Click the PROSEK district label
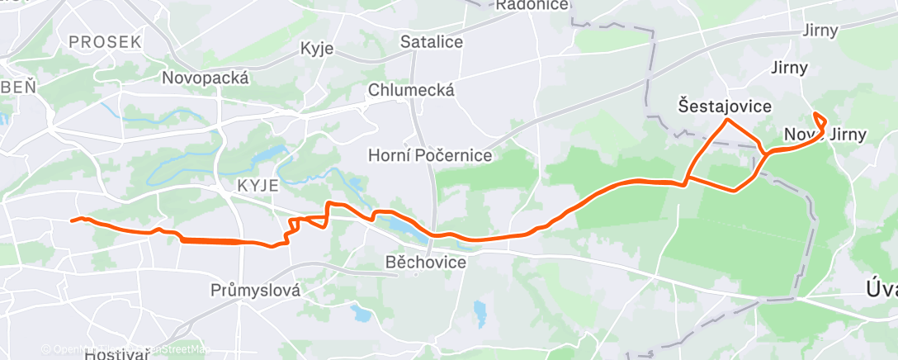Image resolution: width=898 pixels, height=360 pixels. pos(106,41)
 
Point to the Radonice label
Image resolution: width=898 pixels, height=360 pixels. pos(532,6)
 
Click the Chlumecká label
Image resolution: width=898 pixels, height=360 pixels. pos(412,89)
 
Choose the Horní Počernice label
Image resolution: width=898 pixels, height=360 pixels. pos(429,155)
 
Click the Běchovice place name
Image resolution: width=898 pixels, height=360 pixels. pos(426,263)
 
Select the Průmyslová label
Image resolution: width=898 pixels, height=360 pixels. pos(254,291)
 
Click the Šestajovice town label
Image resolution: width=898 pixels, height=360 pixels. pos(725,107)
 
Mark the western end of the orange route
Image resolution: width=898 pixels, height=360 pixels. pos(72,220)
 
